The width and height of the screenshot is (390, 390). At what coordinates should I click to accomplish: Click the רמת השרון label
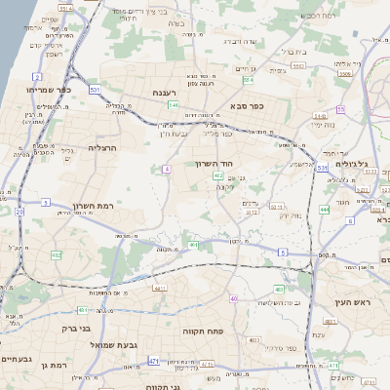[95, 207]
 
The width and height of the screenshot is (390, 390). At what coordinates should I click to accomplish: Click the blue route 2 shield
[37, 76]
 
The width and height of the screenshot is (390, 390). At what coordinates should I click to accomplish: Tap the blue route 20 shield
[19, 211]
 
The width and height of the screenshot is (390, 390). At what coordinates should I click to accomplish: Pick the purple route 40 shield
[234, 297]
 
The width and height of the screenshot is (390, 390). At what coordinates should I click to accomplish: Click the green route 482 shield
[57, 254]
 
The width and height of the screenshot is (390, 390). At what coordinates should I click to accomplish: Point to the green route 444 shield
[325, 209]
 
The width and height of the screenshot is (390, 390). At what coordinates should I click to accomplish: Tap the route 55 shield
[340, 109]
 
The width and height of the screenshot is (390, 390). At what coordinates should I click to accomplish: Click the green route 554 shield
[248, 81]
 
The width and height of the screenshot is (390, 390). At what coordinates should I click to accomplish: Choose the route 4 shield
[167, 170]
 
